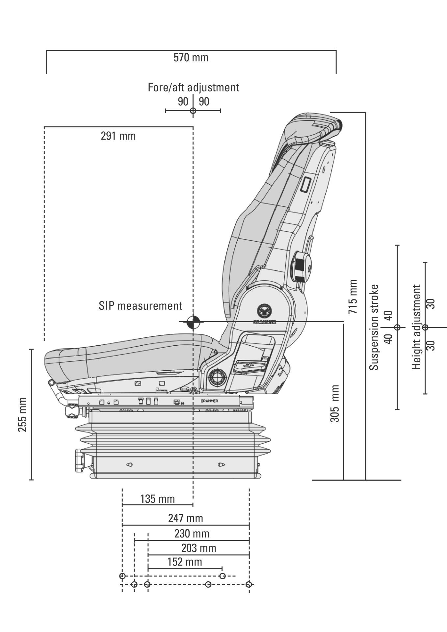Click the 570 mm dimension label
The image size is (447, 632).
pos(191,58)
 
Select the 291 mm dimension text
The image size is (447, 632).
pos(118,136)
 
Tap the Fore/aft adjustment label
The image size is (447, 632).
pos(193,88)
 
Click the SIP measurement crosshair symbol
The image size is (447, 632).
pos(193,322)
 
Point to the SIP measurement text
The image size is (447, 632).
pos(140,306)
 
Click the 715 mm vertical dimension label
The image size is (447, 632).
pos(353,296)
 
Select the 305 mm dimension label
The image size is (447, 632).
pos(334,404)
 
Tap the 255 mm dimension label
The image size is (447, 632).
pos(22,415)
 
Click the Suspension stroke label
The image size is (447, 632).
pos(374,328)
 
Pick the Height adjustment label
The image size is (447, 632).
pos(417,327)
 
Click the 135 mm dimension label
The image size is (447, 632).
pos(157,499)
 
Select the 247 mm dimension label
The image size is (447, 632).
pos(186,518)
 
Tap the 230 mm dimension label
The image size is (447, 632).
pos(192,533)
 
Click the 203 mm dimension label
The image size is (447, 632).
pos(198,548)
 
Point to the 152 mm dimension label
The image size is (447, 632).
pos(185,562)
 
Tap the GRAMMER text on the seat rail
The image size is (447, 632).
pos(209,401)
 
